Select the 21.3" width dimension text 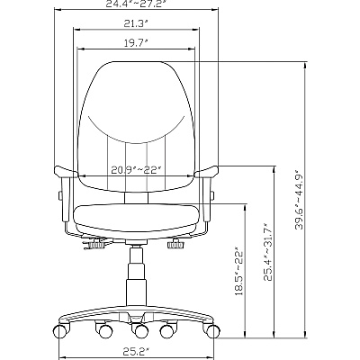tap(137, 23)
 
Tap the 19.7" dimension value tap(137, 43)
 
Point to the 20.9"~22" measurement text tap(137, 170)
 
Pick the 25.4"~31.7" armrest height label tap(267, 251)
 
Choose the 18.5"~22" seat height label tap(239, 271)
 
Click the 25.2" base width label tap(137, 350)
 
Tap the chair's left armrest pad tap(66, 172)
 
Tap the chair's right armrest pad tap(206, 172)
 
